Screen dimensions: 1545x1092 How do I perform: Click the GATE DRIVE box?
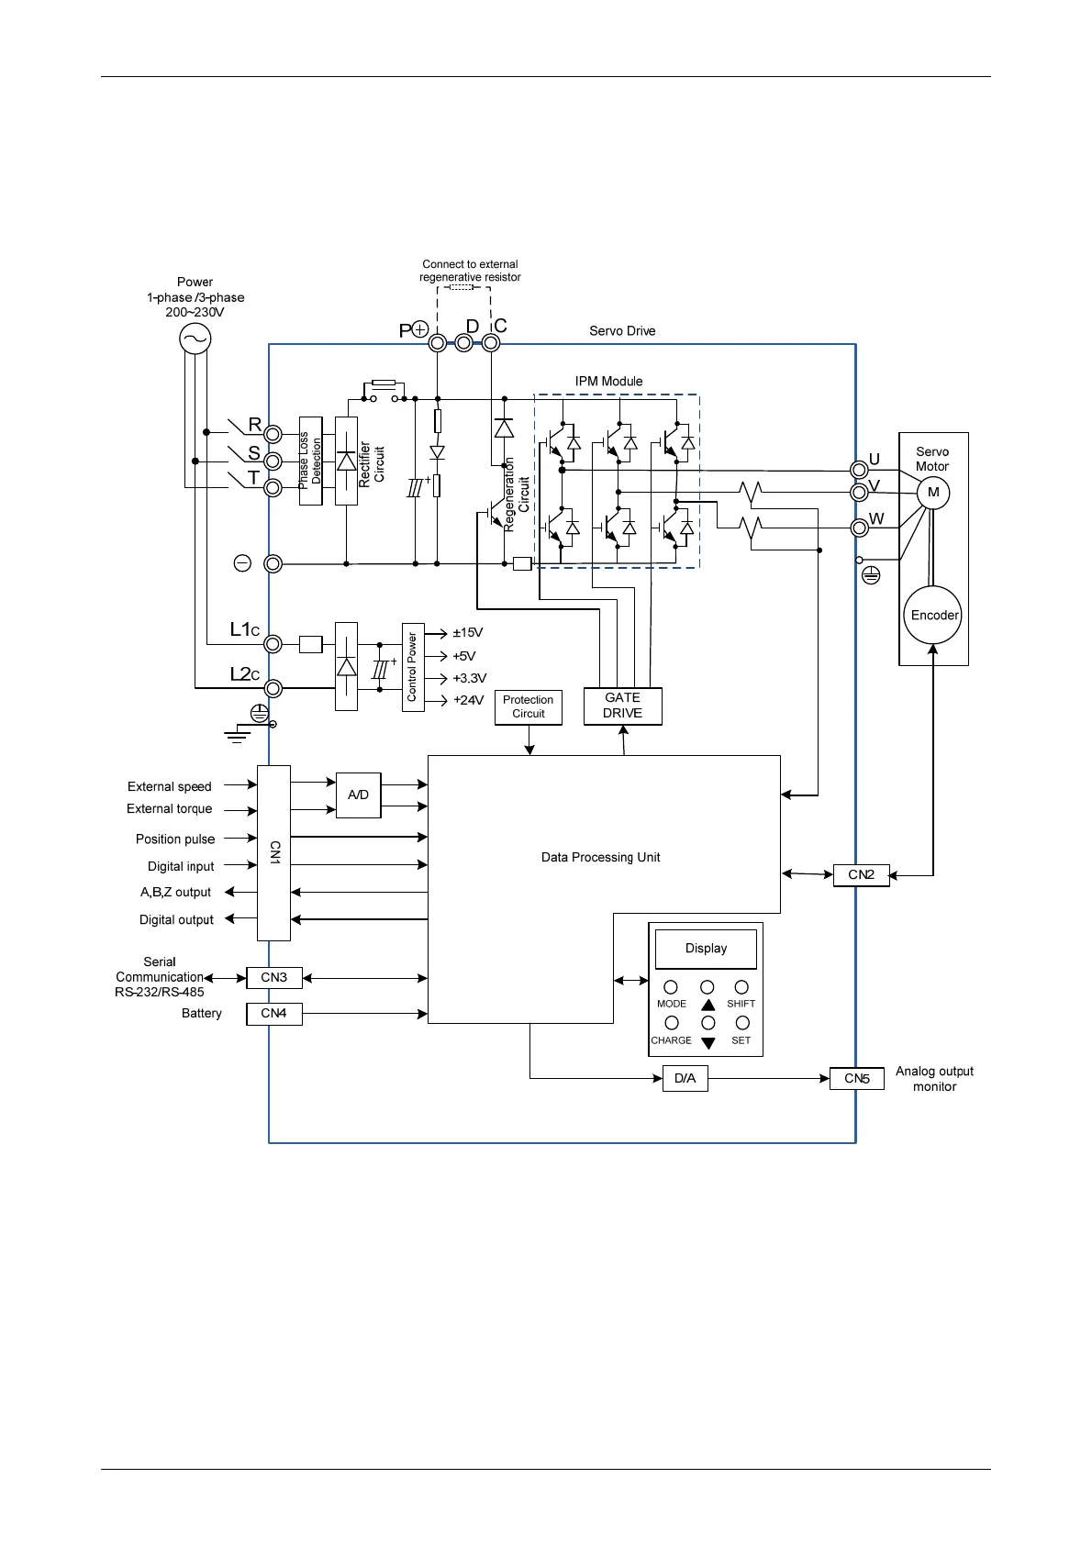coord(622,706)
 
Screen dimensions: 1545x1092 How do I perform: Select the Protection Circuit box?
coord(528,706)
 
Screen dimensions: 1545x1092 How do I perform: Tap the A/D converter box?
coord(358,795)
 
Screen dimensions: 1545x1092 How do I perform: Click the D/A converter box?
coord(685,1078)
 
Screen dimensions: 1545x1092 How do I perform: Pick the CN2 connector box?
coord(861,875)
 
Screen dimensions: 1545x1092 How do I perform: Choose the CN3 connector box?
coord(273,978)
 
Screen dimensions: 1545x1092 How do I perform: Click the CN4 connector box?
coord(273,1014)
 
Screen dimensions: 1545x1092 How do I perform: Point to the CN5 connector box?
coord(856,1079)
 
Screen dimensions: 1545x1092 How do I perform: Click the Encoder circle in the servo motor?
coord(934,616)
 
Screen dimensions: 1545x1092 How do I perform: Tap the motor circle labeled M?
coord(933,493)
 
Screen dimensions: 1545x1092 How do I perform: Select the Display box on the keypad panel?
coord(706,949)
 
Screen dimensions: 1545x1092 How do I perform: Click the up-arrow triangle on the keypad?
coord(708,1005)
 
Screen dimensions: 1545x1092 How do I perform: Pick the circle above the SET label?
coord(742,1023)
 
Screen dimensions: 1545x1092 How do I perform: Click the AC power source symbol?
coord(195,339)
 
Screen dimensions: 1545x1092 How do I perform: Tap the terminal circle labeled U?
coord(859,470)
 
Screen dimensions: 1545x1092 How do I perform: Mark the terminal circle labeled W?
coord(859,528)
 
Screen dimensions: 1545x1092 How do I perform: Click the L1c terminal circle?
coord(273,644)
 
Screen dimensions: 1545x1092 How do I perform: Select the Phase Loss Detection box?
coord(311,461)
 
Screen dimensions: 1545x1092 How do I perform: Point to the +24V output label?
coord(468,700)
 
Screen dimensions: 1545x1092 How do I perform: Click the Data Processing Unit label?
coord(600,858)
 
